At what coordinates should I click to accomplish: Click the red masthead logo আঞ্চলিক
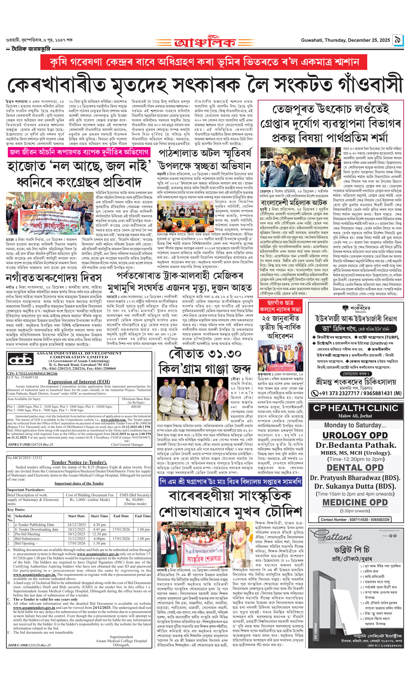(x=205, y=42)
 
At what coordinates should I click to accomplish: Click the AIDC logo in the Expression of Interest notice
(x=21, y=360)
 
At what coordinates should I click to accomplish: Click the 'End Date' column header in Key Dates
(x=121, y=516)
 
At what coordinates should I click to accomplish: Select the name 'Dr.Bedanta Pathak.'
(x=356, y=445)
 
